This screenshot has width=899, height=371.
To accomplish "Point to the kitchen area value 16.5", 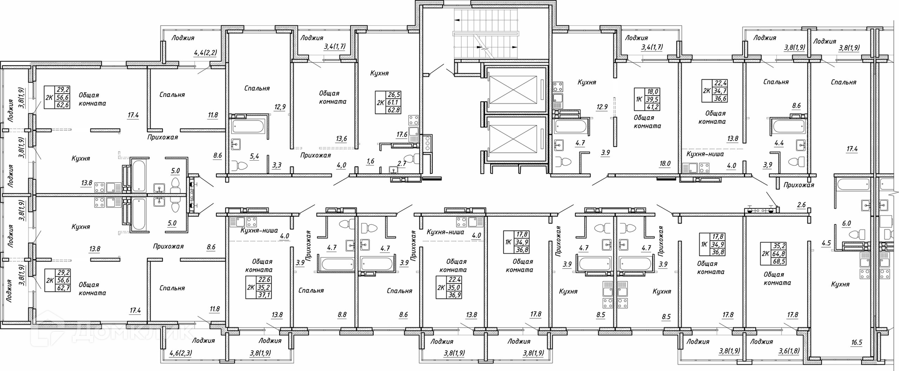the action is coord(856,342).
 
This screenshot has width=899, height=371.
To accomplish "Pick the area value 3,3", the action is coord(277,164).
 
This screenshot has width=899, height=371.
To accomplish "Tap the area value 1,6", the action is coord(370,162).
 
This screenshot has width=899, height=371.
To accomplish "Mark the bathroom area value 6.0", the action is coord(846,223).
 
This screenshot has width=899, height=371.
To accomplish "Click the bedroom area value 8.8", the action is coord(342,315).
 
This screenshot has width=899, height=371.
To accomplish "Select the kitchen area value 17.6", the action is coord(402,134).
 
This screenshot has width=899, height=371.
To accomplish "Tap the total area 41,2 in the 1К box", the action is coord(653,108).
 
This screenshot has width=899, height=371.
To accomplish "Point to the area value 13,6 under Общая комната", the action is coord(341,139).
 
